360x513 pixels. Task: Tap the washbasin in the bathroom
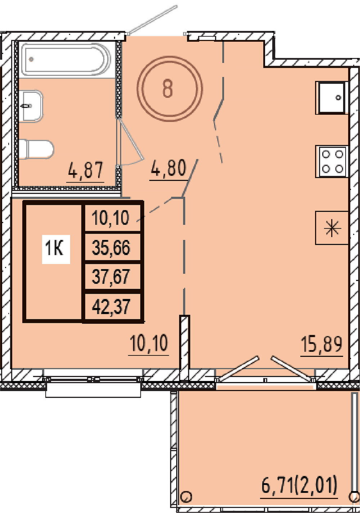pos(31,106)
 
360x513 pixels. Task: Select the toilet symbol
pos(36,149)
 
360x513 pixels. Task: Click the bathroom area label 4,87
pos(85,170)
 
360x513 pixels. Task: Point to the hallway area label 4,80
pos(168,168)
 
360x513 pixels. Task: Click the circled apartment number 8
pos(170,89)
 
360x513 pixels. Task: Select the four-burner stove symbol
pos(332,161)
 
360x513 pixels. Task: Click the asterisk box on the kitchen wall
pos(332,228)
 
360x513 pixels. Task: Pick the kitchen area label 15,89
pos(321,344)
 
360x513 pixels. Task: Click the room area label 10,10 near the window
pos(149,343)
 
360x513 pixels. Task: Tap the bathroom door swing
pos(131,142)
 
